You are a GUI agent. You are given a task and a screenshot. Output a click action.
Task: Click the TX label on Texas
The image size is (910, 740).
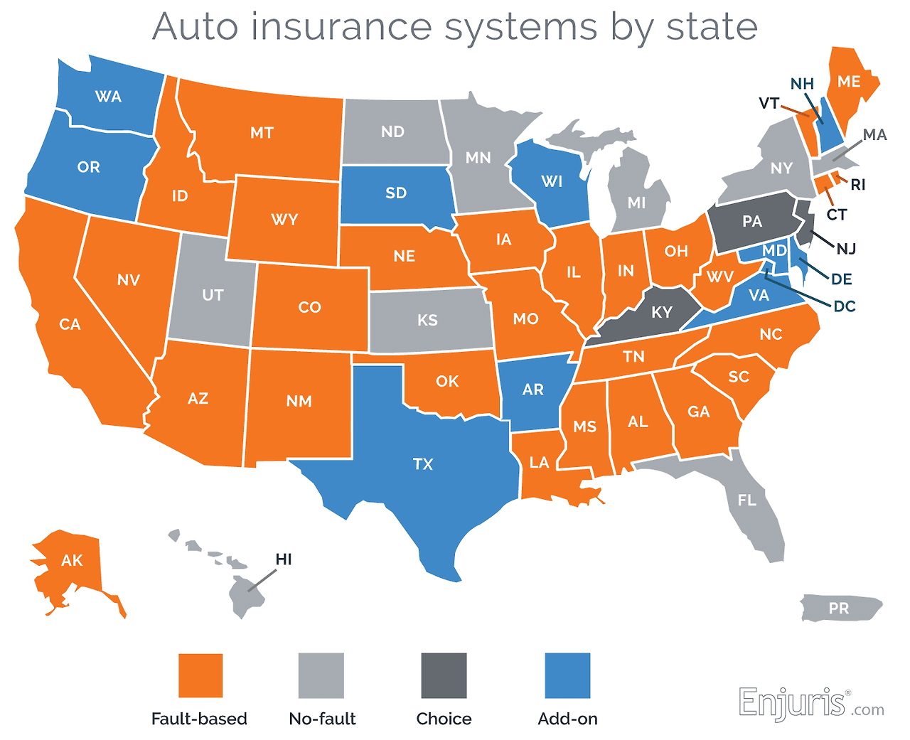423,464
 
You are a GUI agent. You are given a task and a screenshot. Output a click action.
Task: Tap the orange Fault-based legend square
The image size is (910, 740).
200,675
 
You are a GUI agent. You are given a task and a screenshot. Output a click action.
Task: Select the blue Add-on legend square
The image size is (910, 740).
567,675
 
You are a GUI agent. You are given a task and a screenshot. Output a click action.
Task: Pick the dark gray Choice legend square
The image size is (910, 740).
444,675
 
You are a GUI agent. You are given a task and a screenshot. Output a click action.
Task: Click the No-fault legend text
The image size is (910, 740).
322,719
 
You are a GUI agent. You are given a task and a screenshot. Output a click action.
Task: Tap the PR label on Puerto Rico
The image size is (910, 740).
839,608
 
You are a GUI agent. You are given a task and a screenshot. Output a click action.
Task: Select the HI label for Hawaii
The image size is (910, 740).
284,559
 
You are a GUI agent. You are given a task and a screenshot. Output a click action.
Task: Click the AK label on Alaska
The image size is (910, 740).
72,561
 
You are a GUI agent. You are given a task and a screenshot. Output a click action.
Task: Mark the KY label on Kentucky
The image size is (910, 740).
662,312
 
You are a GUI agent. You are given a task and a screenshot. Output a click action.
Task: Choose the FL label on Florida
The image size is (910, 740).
747,500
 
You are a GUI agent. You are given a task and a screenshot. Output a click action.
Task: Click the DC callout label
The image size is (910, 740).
845,306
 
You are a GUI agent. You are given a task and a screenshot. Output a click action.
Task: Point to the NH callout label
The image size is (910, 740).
802,84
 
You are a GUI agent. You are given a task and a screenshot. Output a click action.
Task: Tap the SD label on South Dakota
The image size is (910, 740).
396,193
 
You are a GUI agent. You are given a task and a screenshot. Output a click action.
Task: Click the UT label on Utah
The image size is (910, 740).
213,295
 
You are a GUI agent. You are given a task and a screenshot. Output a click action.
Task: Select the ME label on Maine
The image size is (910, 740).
849,82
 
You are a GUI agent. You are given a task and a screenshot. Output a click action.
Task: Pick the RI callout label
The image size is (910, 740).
858,185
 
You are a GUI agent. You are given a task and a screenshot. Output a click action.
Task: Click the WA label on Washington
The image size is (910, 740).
109,97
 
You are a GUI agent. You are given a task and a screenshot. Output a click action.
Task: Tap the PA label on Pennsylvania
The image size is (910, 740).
752,221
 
